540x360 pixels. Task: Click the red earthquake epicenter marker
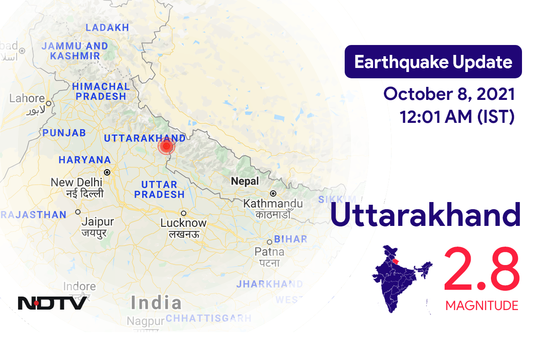166,146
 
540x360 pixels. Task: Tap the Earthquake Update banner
433,62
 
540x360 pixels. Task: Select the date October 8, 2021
449,94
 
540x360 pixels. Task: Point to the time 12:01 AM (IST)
457,117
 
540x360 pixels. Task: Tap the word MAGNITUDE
481,306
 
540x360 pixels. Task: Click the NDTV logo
52,303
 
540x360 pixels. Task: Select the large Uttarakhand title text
425,215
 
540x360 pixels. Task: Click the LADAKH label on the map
107,28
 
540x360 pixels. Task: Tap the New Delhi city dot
107,172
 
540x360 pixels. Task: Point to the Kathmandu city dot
273,193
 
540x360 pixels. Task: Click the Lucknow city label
184,223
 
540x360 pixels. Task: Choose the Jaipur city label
98,222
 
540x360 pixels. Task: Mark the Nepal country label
245,181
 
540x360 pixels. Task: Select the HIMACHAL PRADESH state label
101,91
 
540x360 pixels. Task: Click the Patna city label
269,251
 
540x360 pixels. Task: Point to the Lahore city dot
48,103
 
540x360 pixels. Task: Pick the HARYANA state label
85,160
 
